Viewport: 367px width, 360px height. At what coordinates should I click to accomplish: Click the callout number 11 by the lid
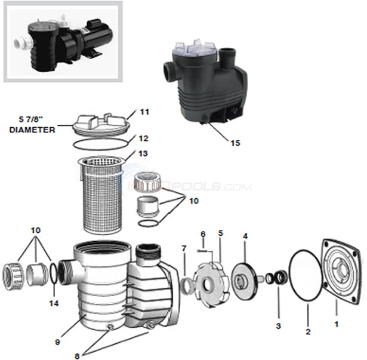coord(145,112)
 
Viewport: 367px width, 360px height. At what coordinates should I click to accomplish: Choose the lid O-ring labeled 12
coord(101,144)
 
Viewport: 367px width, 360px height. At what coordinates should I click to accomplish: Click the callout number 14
coord(53,303)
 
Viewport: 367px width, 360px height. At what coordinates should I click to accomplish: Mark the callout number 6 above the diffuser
coord(203,233)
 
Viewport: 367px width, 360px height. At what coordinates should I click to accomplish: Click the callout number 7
coord(184,248)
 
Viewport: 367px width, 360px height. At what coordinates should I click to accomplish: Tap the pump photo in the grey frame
coord(63,41)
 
